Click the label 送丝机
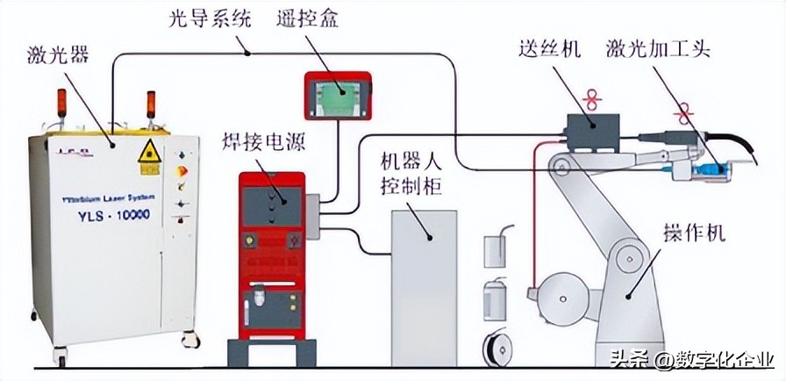pos(549,49)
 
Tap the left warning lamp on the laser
pos(62,102)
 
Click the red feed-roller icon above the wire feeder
pos(593,98)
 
